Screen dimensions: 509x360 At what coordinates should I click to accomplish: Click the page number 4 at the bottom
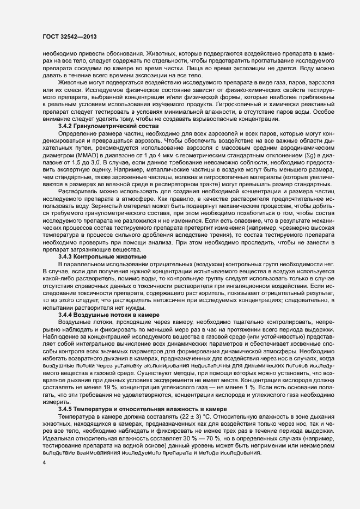(x=44, y=463)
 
